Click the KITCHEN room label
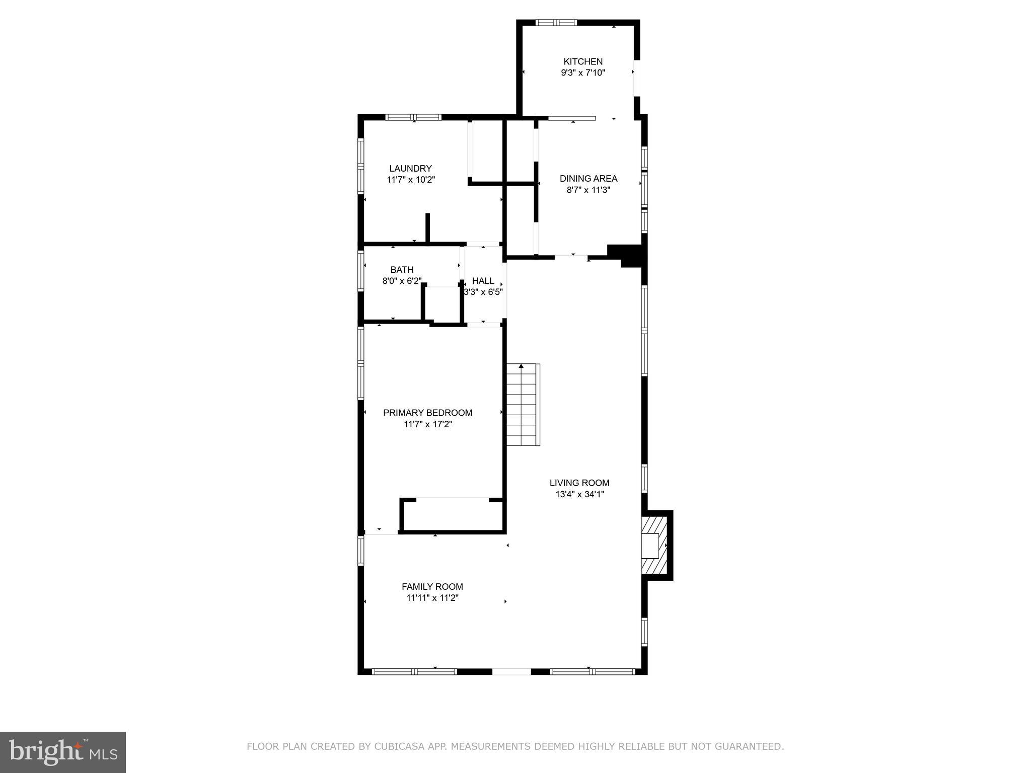click(x=583, y=61)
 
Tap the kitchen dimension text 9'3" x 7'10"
click(x=583, y=72)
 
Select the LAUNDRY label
click(x=410, y=169)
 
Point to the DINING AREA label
click(x=588, y=178)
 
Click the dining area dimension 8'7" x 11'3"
click(x=588, y=190)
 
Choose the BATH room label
click(x=402, y=270)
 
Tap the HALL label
click(x=483, y=281)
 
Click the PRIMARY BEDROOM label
click(x=427, y=413)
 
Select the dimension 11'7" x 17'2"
click(x=427, y=424)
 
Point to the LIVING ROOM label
click(x=579, y=483)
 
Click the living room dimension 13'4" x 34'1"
click(x=579, y=494)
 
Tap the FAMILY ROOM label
click(x=432, y=586)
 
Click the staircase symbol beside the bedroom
click(x=523, y=405)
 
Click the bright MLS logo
click(x=63, y=752)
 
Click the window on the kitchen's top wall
click(x=556, y=23)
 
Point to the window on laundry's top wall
click(x=413, y=117)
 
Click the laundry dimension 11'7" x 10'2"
click(x=410, y=180)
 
